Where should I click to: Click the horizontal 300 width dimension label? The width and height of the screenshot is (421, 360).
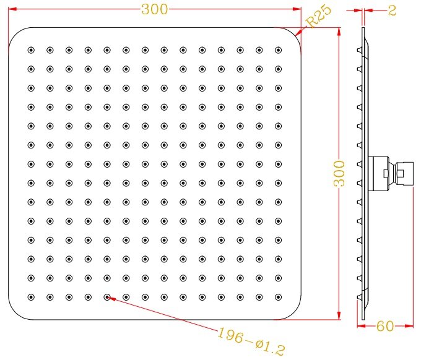(x=154, y=9)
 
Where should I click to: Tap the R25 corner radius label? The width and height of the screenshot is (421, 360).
(x=318, y=15)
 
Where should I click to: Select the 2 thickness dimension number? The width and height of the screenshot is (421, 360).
(x=392, y=11)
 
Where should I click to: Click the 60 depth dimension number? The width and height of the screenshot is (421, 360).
(x=385, y=326)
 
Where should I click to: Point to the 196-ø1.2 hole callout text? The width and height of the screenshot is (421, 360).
(x=251, y=341)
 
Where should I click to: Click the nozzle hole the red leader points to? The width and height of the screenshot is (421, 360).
(x=107, y=297)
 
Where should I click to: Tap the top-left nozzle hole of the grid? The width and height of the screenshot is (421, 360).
(x=31, y=49)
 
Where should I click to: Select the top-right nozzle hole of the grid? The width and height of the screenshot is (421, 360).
(x=277, y=49)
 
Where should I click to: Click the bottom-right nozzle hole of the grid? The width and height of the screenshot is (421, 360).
(x=277, y=297)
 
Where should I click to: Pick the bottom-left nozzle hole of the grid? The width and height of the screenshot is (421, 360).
(x=31, y=297)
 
